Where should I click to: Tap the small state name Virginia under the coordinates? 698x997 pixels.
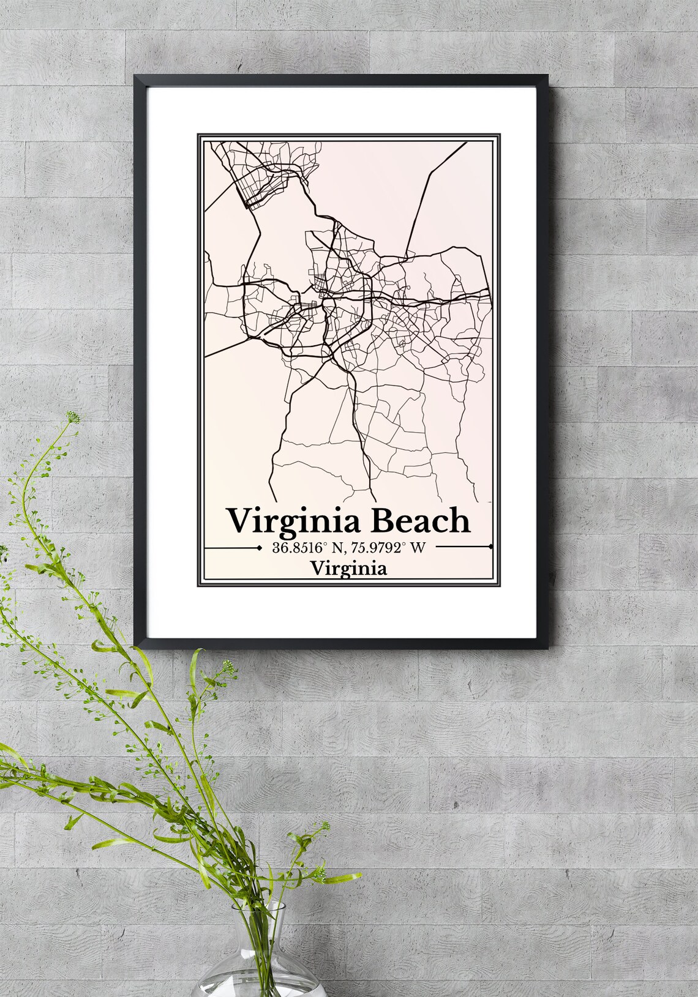pos(348,569)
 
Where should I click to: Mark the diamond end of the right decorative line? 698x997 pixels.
pos(491,547)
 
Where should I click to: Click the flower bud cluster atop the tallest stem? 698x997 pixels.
pos(74,418)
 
